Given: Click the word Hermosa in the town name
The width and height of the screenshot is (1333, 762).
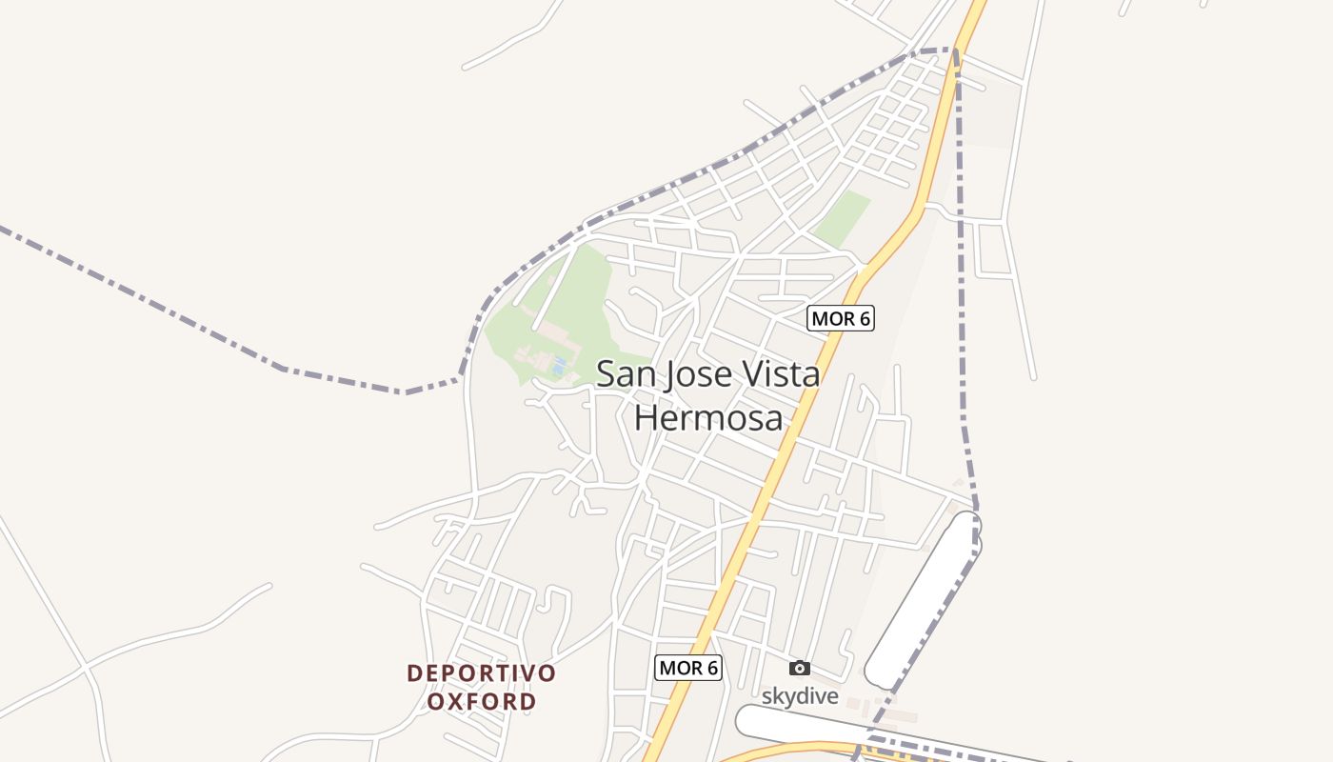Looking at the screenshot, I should pos(708,418).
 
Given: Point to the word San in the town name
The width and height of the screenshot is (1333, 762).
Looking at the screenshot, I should pos(624,374).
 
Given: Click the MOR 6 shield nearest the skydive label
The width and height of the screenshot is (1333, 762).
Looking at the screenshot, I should pos(688,668).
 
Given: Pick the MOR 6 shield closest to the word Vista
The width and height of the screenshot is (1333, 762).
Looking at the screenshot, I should pos(840,318).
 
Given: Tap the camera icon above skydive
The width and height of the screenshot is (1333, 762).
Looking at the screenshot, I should pos(800,668).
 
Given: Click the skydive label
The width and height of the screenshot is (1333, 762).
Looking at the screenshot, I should pos(800,696).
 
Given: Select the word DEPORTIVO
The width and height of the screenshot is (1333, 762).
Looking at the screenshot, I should pos(481,673).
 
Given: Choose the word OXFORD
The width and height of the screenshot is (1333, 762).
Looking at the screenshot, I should pos(481,702).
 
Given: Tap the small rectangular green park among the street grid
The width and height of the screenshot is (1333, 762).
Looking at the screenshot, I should pos(842,218).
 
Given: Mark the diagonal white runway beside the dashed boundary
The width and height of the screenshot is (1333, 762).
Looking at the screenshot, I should pos(922,600).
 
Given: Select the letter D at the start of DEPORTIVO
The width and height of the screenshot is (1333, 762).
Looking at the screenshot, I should pos(414,673).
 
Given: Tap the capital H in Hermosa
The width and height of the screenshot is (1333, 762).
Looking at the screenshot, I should pos(647,418).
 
